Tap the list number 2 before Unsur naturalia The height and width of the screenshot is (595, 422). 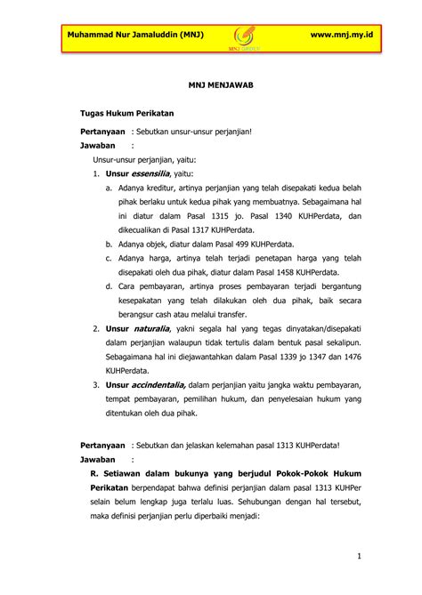click(x=95, y=328)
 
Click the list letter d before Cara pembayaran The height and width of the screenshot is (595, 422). click(x=108, y=285)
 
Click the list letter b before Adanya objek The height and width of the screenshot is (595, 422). click(x=108, y=243)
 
